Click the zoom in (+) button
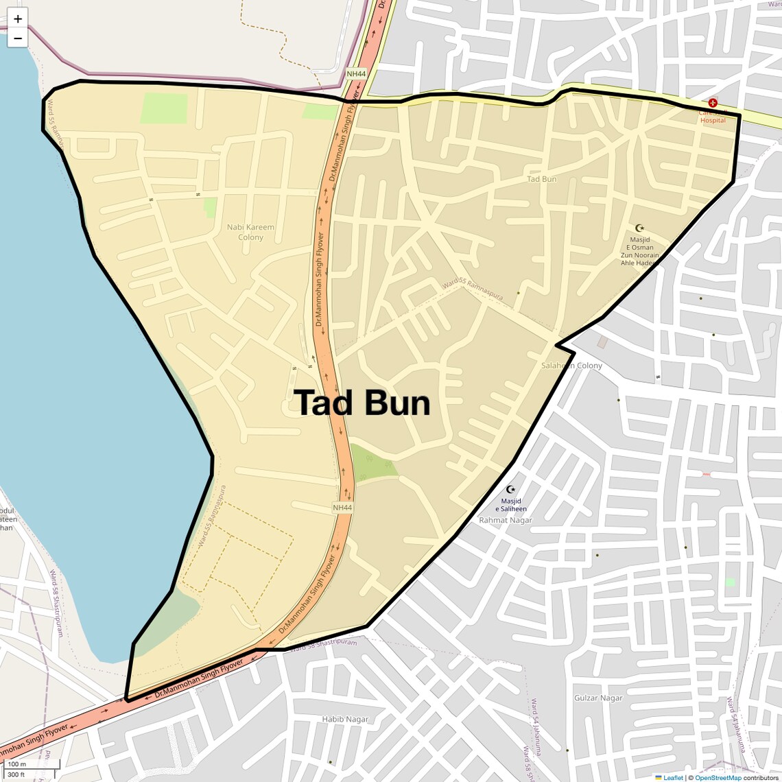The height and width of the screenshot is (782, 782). [x=18, y=19]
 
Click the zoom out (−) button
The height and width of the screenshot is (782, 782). [x=18, y=38]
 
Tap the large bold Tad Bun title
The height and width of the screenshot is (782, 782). [x=362, y=403]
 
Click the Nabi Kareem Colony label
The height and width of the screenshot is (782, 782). [x=250, y=232]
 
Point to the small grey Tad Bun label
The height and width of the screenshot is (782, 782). [x=541, y=179]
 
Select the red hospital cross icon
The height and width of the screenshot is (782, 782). [x=713, y=102]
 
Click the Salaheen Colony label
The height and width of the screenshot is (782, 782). [x=571, y=366]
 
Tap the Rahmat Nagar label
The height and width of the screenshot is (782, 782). [x=506, y=520]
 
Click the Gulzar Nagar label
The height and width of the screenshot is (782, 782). [x=598, y=698]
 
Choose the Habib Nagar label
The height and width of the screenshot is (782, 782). [x=345, y=719]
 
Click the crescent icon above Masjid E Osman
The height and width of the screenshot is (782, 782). [x=640, y=228]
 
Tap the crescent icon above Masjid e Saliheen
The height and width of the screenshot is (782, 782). [x=510, y=489]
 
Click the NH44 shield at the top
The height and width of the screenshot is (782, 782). [x=356, y=73]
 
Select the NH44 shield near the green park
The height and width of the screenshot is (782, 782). [x=342, y=508]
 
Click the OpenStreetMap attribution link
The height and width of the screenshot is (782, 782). [x=718, y=778]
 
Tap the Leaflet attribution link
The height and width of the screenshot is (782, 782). [x=672, y=778]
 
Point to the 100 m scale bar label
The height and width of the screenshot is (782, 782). [x=16, y=764]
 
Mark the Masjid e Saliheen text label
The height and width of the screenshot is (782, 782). [x=511, y=505]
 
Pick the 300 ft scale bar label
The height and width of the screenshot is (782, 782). [x=16, y=774]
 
